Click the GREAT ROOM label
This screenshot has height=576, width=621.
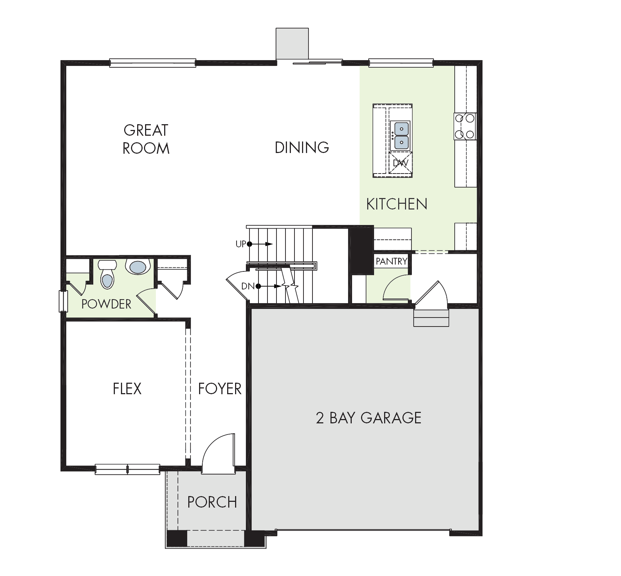tap(146, 139)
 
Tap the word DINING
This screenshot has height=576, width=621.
tap(302, 147)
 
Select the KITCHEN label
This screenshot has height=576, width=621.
tap(397, 204)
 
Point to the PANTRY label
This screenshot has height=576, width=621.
tap(392, 261)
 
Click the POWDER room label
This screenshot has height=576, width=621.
tap(106, 304)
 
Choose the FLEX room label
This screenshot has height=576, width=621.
tap(127, 389)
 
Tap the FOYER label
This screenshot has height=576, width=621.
tap(220, 389)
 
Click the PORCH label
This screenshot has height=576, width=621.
tap(212, 502)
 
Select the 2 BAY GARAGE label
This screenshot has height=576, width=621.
tap(369, 418)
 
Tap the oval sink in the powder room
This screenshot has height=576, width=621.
tap(138, 267)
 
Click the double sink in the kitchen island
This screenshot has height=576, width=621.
tap(401, 135)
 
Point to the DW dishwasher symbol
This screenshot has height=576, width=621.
tap(400, 163)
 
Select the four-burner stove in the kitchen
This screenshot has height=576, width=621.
tap(465, 126)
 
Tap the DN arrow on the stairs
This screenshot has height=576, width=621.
tap(268, 287)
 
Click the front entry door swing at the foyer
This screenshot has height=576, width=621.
tap(218, 453)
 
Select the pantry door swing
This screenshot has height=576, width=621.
tap(396, 287)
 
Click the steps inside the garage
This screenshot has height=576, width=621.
tap(431, 317)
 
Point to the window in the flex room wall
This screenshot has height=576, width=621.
tap(127, 469)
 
